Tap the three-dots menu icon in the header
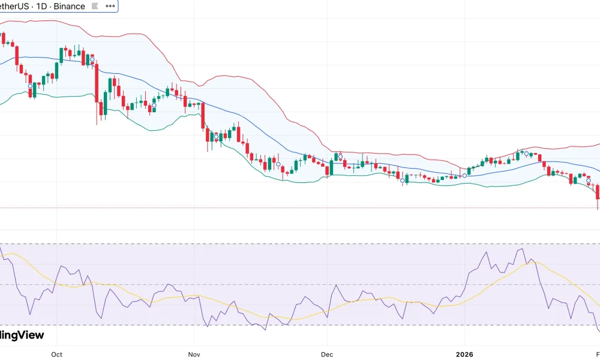tap(110, 7)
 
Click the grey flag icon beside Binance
tap(95, 7)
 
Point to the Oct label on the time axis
tap(56, 354)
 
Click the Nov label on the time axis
tap(193, 354)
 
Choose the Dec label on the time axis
tap(327, 354)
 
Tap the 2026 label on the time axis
tap(464, 354)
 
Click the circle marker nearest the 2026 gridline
tap(464, 175)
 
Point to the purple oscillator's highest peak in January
tap(522, 249)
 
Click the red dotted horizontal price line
tap(300, 208)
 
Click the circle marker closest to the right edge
tap(589, 181)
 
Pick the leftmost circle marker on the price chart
tap(30, 86)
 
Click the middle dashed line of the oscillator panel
tap(300, 284)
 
